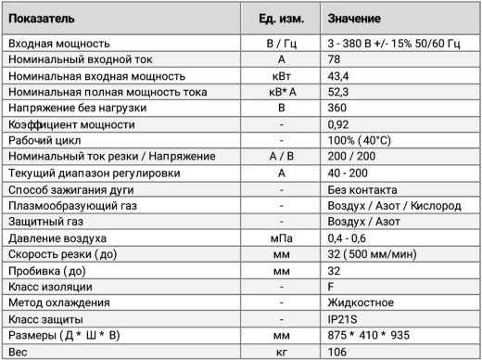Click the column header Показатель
click(39, 18)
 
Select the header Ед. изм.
click(279, 18)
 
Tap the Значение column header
click(356, 18)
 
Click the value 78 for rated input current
click(336, 59)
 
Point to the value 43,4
click(339, 76)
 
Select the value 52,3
click(339, 92)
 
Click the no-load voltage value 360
click(338, 109)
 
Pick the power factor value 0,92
click(339, 124)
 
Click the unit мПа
click(279, 238)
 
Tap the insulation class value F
click(332, 287)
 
